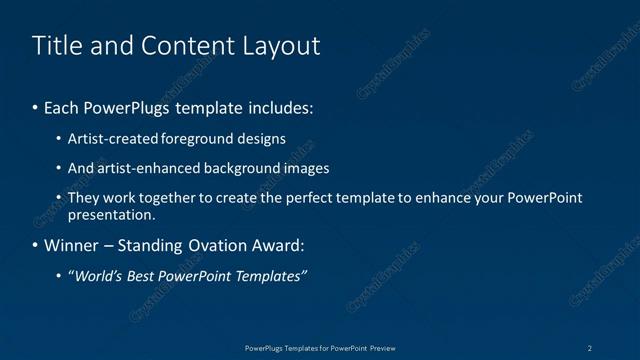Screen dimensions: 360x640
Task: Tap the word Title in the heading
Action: coord(55,46)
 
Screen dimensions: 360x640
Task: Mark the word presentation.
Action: coord(112,214)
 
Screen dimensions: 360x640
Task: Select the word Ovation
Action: coord(234,246)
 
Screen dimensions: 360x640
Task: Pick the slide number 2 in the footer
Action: coord(590,348)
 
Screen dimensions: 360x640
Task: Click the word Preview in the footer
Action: coord(382,348)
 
